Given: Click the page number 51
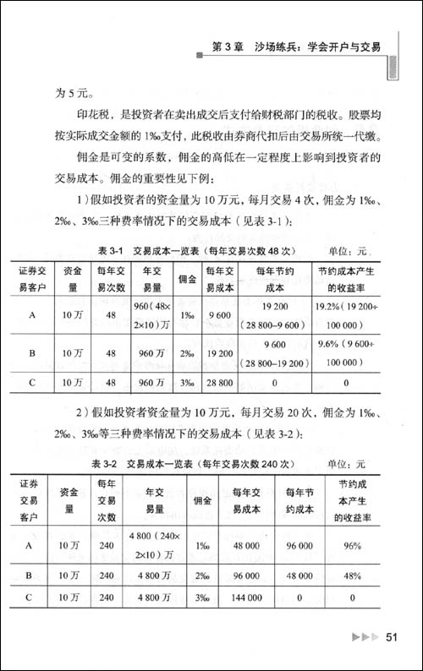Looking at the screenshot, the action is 392,636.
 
